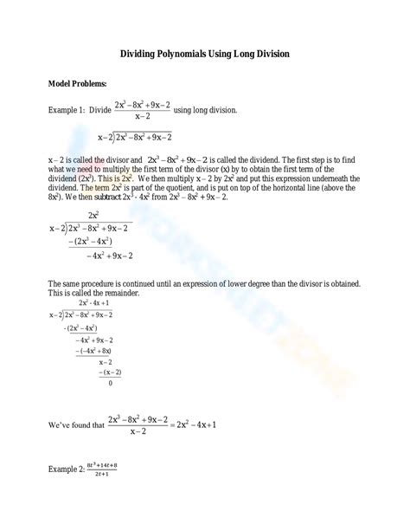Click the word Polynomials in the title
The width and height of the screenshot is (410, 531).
click(193, 54)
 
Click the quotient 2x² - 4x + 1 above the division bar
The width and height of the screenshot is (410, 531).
click(93, 304)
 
